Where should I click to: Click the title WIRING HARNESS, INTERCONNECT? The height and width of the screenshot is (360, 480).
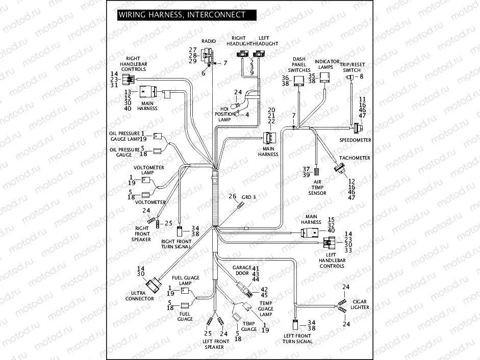[182, 15]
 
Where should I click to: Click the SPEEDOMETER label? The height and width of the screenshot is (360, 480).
[356, 140]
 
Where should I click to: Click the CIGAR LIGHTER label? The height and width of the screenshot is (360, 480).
[359, 304]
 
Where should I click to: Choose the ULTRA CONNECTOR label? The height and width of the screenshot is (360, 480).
[139, 296]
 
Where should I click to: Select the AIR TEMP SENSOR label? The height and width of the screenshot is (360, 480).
[317, 187]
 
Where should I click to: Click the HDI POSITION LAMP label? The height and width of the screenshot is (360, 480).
[225, 114]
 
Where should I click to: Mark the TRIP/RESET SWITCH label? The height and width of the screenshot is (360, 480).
[351, 67]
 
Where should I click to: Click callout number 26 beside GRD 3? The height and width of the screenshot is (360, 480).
[232, 196]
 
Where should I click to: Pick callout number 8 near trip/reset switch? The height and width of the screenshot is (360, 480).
[361, 76]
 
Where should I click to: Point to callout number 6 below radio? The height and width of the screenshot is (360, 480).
[203, 73]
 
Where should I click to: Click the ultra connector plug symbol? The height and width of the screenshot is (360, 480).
[153, 286]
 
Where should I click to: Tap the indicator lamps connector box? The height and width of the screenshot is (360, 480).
[324, 78]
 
